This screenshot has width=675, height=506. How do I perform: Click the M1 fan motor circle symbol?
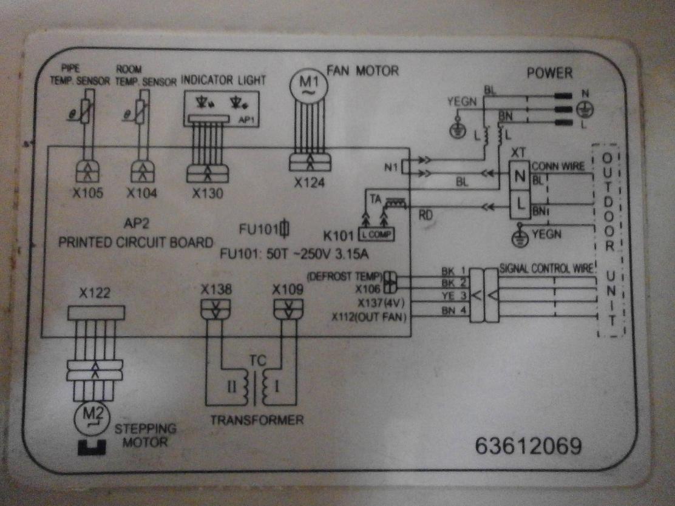point(308,85)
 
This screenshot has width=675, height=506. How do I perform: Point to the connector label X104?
point(141,194)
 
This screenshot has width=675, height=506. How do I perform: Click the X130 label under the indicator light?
point(208,194)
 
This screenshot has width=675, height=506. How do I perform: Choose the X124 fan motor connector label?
point(310,183)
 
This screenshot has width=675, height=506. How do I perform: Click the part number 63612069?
point(528,446)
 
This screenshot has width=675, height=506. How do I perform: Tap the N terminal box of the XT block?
point(520,177)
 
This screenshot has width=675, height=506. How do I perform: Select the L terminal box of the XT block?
point(520,205)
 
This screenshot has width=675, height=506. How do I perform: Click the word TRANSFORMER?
point(257,420)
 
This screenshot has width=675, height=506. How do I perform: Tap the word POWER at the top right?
point(549,73)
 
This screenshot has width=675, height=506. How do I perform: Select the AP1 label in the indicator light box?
point(247,120)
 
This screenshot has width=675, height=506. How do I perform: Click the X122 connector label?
point(95,294)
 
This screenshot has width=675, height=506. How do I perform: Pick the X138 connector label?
point(216,289)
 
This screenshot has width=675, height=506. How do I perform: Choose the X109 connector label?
point(288,289)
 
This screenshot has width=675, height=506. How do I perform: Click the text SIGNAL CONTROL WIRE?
point(546,267)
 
